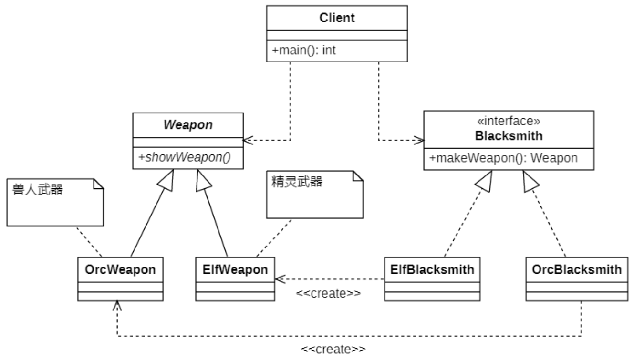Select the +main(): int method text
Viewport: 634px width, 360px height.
pos(304,50)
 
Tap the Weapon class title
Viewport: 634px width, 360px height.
pos(187,124)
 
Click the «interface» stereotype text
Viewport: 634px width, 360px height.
pos(509,122)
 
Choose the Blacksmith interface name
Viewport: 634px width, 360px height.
pos(509,135)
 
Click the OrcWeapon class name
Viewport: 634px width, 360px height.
pos(120,269)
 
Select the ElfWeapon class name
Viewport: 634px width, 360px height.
pos(235,269)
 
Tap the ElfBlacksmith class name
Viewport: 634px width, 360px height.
pos(432,269)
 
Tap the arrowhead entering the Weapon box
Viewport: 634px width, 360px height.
pos(247,141)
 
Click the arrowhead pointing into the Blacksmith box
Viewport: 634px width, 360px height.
pos(420,141)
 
